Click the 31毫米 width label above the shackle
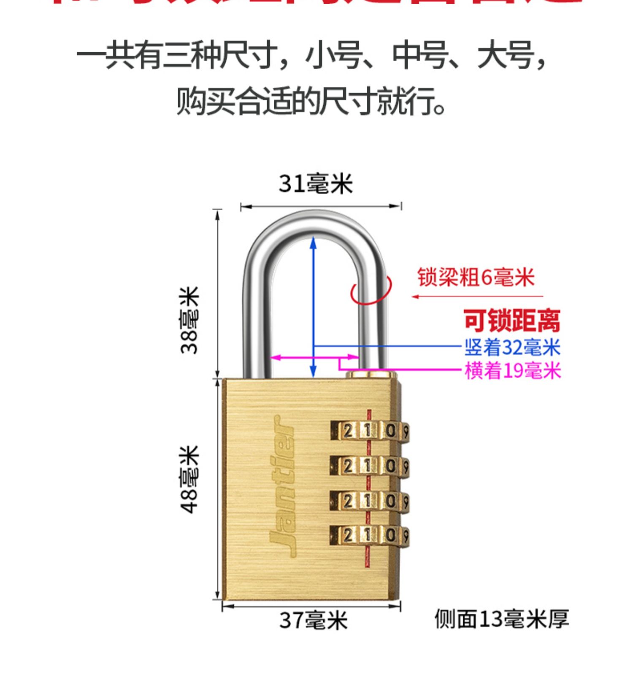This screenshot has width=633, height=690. pyautogui.click(x=316, y=184)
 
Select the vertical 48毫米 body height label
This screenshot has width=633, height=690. pyautogui.click(x=189, y=480)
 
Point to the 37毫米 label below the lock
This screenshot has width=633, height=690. pyautogui.click(x=314, y=620)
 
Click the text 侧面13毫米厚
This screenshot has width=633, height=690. pyautogui.click(x=502, y=619)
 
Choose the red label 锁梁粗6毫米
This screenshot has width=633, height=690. pyautogui.click(x=476, y=278)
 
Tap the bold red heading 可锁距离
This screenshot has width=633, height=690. pyautogui.click(x=512, y=321)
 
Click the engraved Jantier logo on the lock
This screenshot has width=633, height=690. pyautogui.click(x=282, y=485)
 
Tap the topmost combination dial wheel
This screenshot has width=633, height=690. pyautogui.click(x=370, y=431)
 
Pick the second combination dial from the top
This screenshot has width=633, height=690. pyautogui.click(x=370, y=466)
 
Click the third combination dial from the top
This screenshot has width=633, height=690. pyautogui.click(x=370, y=501)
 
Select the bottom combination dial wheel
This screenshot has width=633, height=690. pyautogui.click(x=370, y=536)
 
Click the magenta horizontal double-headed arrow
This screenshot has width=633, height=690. pyautogui.click(x=295, y=358)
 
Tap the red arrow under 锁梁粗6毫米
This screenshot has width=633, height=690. pyautogui.click(x=477, y=296)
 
